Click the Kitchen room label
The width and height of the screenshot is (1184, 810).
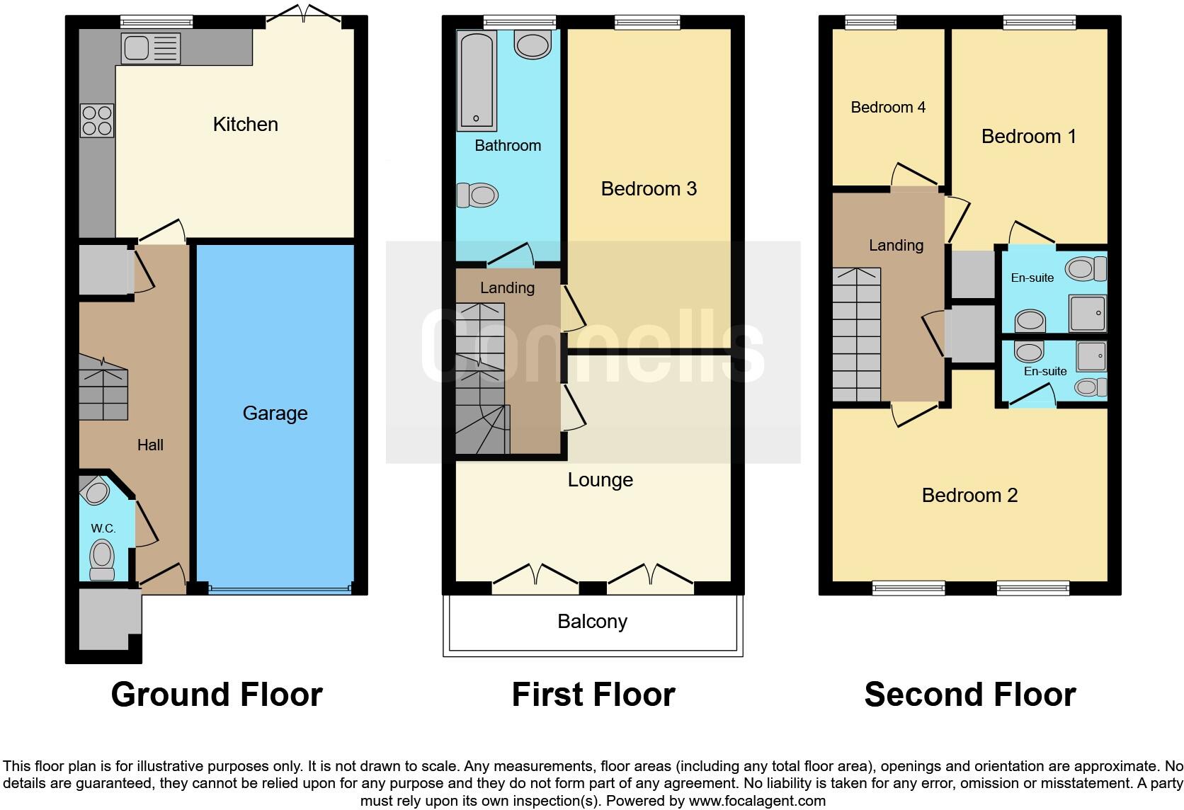coord(245,125)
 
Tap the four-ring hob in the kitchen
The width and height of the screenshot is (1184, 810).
coord(97,120)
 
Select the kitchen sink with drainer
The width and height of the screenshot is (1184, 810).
coord(151,48)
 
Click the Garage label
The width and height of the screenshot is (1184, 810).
coord(275,413)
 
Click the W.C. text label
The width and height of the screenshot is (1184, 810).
coord(103,529)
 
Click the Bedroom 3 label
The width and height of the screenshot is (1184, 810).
coord(649,189)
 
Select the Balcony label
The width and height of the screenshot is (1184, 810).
coord(592,622)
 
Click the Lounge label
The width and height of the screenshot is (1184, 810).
coord(600,480)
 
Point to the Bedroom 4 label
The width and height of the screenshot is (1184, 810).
coord(888,108)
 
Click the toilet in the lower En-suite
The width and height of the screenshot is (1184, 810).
coord(1091,387)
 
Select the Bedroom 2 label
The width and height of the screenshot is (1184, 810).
coord(969,496)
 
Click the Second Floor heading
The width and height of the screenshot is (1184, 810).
coord(969,695)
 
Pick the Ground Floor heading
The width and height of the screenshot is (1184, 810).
coord(217,695)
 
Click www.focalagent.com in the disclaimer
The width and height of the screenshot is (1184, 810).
coord(757,802)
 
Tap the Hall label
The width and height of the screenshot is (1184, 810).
coord(150,445)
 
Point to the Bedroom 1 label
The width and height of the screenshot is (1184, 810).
coord(1028,137)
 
